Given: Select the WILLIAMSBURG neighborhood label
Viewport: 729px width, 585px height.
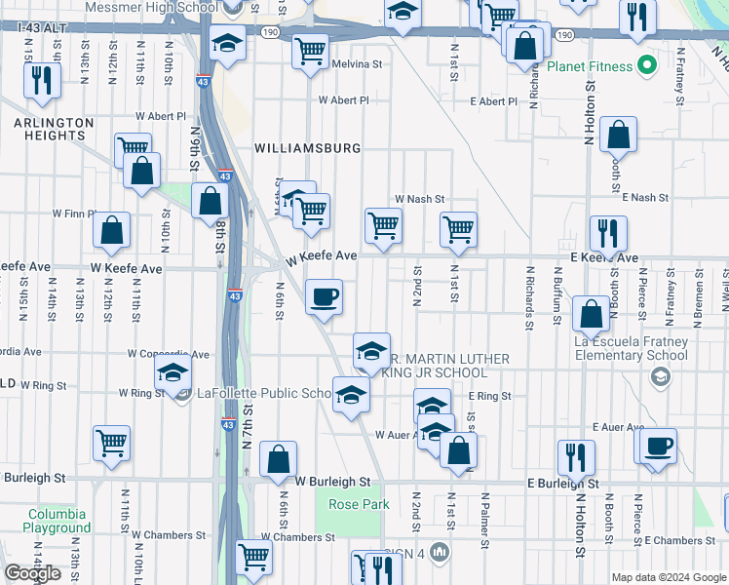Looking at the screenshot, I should tap(307, 148).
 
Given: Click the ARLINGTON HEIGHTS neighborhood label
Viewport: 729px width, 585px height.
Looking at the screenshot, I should tap(54, 129).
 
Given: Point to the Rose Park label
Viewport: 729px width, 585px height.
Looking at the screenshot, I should tap(359, 504).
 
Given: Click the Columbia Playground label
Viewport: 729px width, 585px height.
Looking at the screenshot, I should tap(57, 521).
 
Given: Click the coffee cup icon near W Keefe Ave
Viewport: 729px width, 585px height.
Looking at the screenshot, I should tap(325, 296).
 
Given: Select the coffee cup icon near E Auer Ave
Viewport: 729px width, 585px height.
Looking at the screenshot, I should tap(660, 446).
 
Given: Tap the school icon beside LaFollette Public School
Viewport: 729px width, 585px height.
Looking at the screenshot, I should tap(173, 372).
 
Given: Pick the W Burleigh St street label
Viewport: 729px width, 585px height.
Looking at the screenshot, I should tap(332, 482).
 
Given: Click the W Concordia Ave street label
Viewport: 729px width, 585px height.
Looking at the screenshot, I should tap(168, 355).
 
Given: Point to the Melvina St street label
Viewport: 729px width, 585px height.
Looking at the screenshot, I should tap(358, 64).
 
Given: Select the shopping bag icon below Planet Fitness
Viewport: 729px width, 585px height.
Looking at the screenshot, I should tap(618, 136).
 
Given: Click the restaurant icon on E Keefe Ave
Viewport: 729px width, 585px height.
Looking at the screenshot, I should tap(607, 233).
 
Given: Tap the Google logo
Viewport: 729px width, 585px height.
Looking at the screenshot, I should tap(33, 573).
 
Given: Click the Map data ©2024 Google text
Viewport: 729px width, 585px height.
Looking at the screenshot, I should tap(668, 577).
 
